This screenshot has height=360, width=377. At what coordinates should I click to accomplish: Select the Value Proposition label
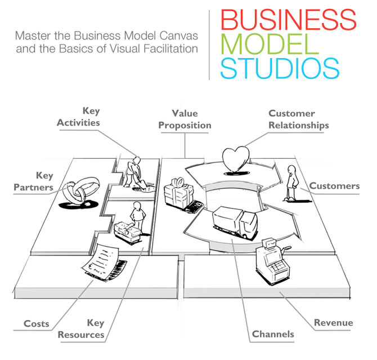click(184, 119)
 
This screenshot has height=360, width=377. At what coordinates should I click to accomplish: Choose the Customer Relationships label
click(298, 119)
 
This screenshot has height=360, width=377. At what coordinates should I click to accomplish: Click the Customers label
click(334, 186)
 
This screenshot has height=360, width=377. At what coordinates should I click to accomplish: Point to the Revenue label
click(333, 323)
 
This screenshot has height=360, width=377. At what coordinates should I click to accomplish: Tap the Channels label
click(273, 334)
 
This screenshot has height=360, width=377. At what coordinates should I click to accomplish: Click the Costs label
click(36, 324)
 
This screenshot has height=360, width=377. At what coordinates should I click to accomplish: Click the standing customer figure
click(291, 183)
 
